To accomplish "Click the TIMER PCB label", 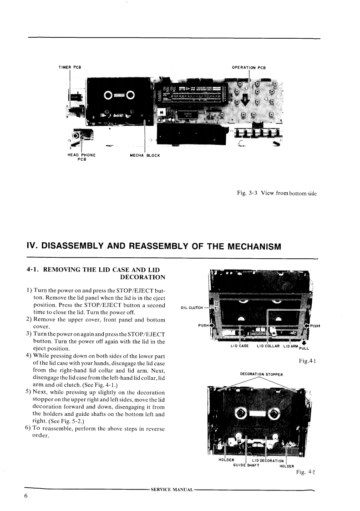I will (70, 67).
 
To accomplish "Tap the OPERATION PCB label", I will (248, 68).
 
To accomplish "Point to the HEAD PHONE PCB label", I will (81, 157).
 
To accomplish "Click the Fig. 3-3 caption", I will (276, 194).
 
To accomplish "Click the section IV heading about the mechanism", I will (154, 246).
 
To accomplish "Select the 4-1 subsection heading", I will (96, 273).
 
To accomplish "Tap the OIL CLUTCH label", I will (191, 307).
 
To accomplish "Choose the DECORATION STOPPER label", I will (261, 375).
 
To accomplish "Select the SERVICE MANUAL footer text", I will (172, 490).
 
